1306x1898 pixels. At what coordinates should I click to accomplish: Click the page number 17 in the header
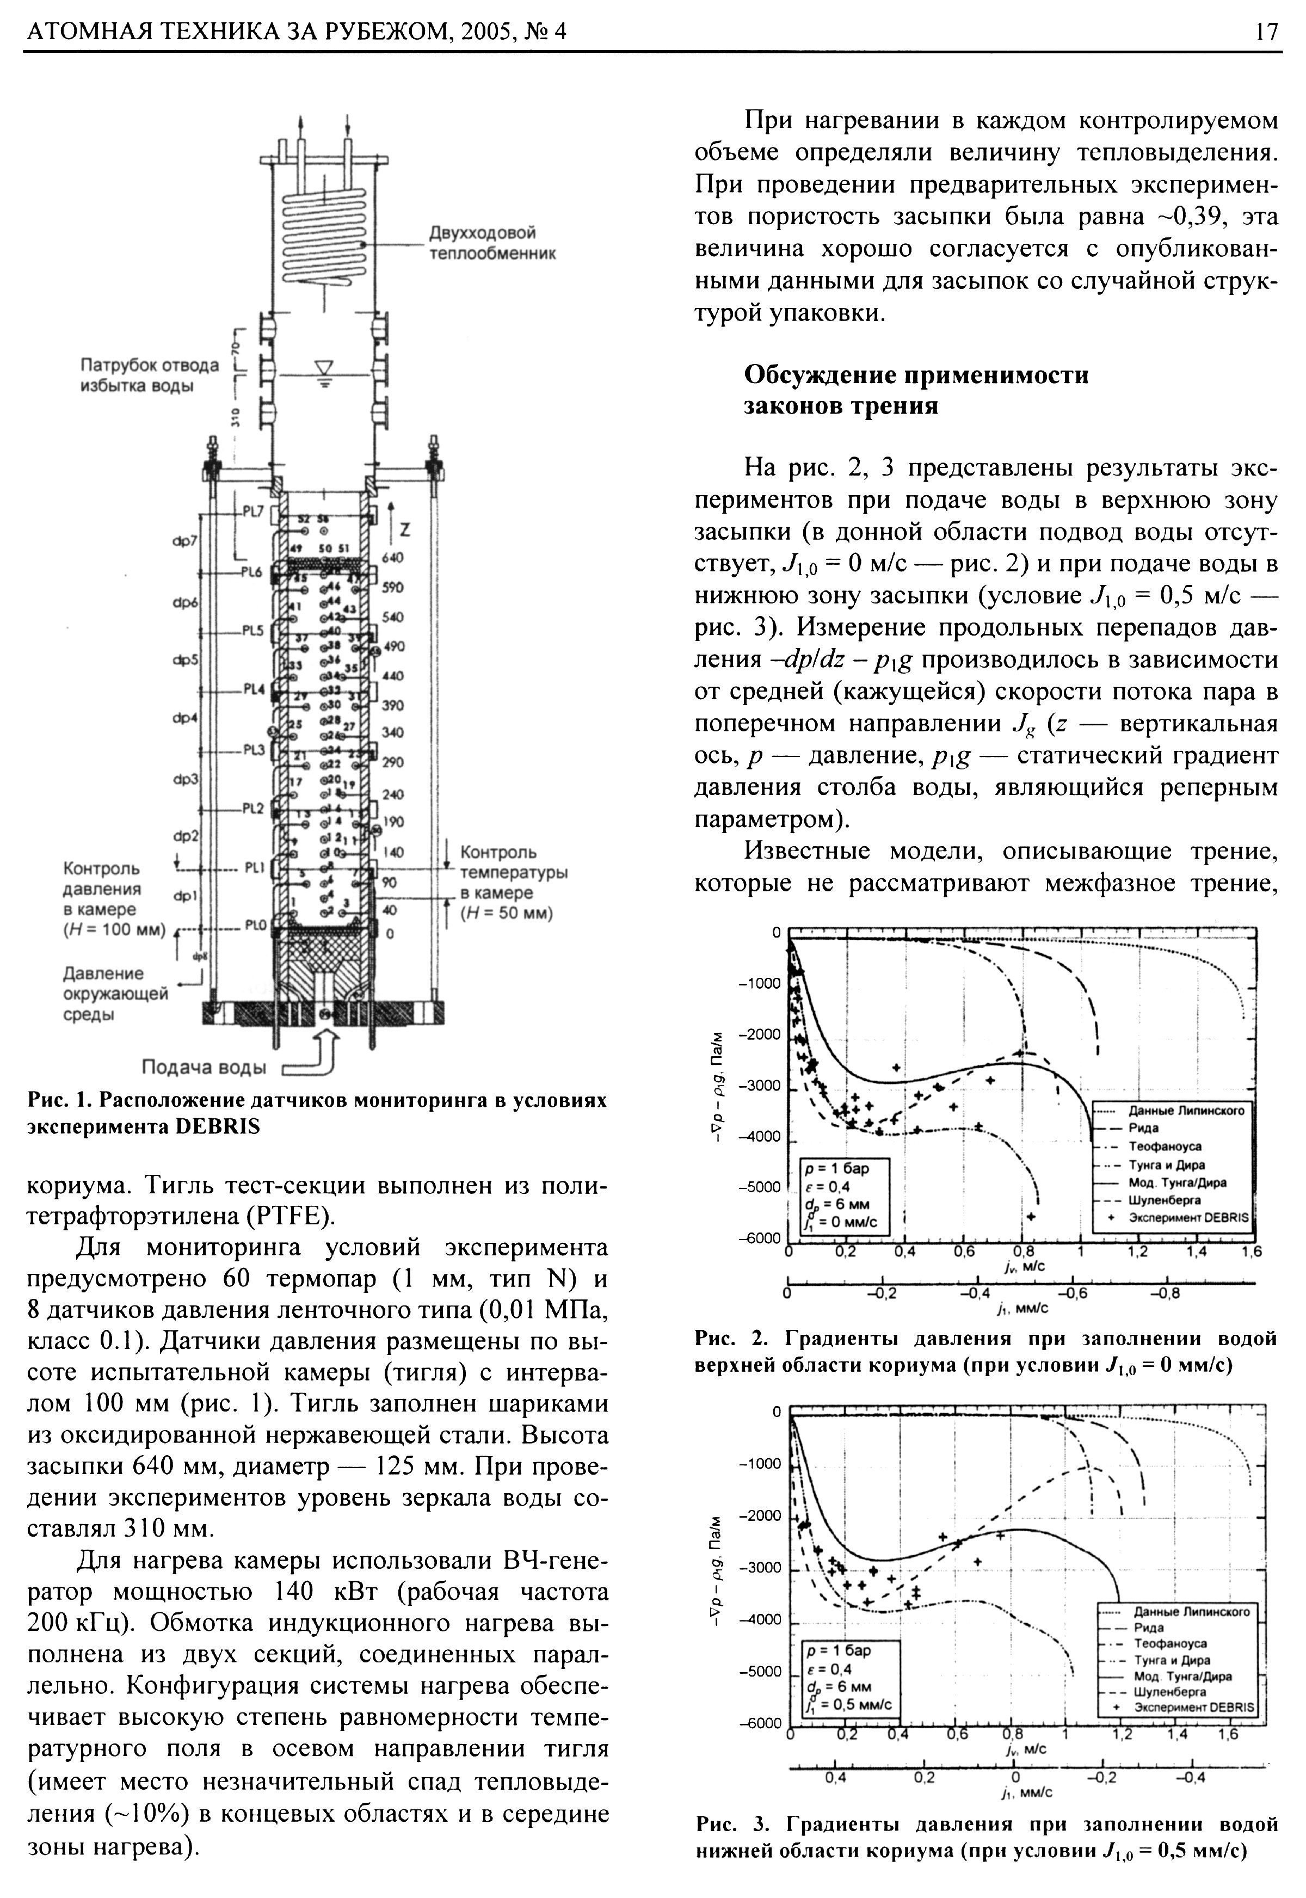[x=1265, y=32]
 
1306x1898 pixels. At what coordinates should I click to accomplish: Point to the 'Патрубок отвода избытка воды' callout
[x=149, y=375]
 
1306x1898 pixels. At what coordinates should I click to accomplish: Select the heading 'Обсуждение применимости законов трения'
[x=916, y=390]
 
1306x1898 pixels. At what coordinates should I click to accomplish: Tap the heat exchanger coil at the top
[x=325, y=233]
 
